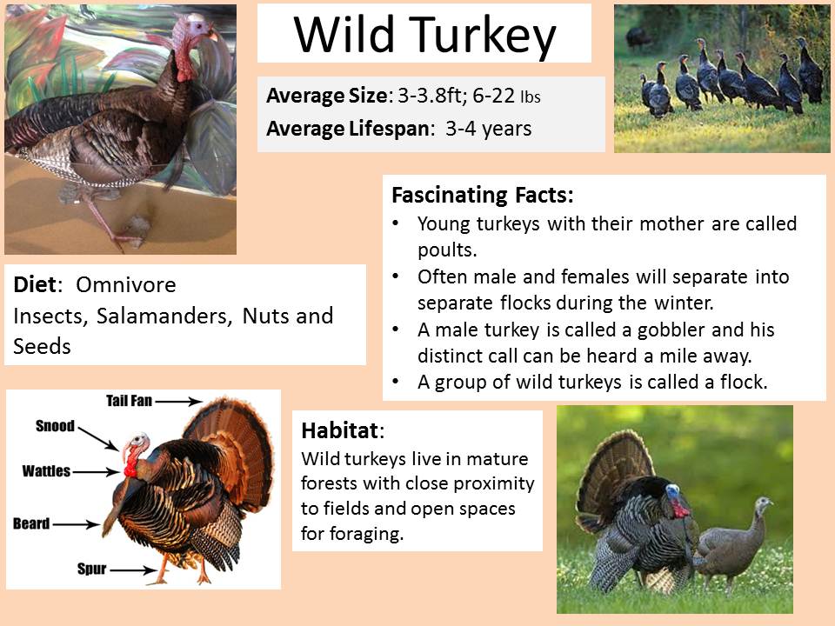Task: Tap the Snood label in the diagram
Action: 55,426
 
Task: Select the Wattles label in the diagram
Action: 46,471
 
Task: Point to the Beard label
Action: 31,523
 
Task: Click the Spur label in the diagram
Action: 91,569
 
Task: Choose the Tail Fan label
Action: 129,400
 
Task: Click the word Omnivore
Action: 125,285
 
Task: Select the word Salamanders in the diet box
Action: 164,316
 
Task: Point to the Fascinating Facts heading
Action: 483,195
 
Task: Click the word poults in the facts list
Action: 447,250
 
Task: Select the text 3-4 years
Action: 488,129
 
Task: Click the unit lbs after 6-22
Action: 531,97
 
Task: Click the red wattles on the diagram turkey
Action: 130,468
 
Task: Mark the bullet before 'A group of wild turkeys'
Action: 396,382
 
